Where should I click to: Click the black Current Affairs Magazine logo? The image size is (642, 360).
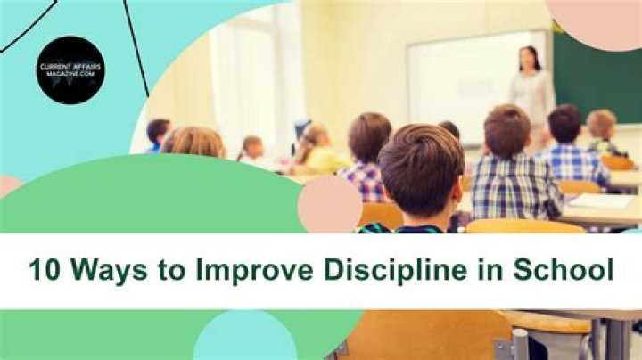(x=71, y=70)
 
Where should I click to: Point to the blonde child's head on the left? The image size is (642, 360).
(x=193, y=142)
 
